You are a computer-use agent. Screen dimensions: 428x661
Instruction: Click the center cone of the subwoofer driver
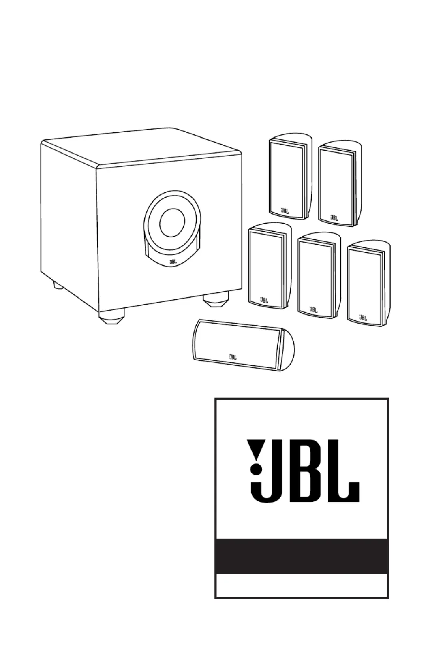pyautogui.click(x=172, y=223)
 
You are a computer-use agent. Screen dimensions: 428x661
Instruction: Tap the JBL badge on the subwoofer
pyautogui.click(x=173, y=261)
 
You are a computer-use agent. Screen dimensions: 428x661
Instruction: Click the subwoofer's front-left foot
pyautogui.click(x=111, y=316)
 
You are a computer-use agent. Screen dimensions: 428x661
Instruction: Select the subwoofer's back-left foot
pyautogui.click(x=58, y=286)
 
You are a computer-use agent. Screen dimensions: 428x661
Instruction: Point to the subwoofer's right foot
pyautogui.click(x=216, y=300)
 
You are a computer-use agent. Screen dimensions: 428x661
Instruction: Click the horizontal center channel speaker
pyautogui.click(x=244, y=345)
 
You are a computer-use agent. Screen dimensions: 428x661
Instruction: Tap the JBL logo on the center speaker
pyautogui.click(x=233, y=357)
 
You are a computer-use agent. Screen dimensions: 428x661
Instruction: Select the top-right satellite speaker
pyautogui.click(x=340, y=183)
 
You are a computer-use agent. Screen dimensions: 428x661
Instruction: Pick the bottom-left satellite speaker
pyautogui.click(x=270, y=266)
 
